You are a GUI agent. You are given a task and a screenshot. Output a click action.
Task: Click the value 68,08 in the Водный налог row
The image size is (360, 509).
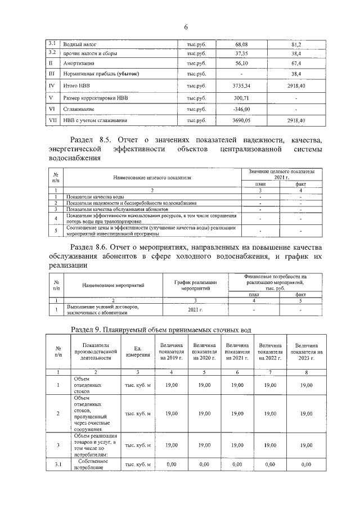coord(241,43)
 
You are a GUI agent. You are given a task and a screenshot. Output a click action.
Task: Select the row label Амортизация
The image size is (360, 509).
coord(78,64)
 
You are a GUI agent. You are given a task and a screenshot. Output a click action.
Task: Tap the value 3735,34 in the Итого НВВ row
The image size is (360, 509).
coord(241,86)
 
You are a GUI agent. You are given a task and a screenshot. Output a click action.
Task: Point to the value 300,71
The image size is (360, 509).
coord(241,98)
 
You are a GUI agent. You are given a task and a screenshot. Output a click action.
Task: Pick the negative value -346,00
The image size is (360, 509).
coord(241,109)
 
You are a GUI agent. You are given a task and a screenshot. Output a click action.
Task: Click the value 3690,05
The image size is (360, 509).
coord(241,120)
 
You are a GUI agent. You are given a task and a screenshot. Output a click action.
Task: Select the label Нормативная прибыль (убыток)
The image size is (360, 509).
coord(101,74)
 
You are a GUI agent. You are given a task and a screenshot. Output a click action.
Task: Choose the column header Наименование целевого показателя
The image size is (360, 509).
coord(152,178)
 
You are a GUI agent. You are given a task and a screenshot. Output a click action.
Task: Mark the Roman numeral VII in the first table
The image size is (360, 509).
coord(52,120)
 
